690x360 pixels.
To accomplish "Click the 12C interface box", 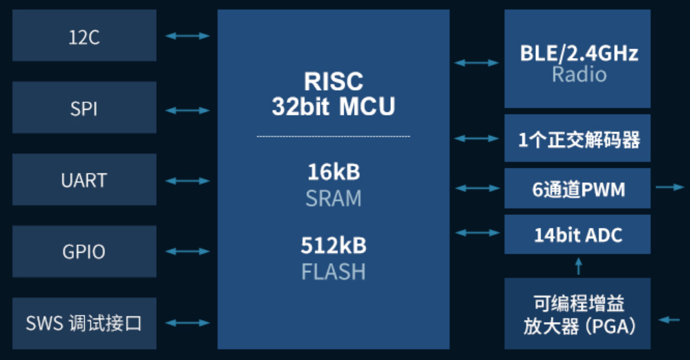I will tap(84, 36).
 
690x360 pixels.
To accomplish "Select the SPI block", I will tap(84, 108).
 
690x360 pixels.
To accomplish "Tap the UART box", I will tap(84, 180).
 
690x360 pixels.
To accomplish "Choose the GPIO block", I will tap(84, 252).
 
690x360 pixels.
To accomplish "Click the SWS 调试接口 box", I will tap(84, 323).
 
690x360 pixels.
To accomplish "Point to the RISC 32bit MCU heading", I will tap(334, 94).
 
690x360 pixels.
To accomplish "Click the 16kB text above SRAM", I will tap(334, 171).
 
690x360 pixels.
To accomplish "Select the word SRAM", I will tap(334, 198).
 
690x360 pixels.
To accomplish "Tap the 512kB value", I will tap(334, 245).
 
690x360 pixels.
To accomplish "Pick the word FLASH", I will tap(334, 272).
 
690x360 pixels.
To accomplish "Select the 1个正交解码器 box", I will tap(577, 139).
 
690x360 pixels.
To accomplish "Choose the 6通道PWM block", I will tap(577, 188).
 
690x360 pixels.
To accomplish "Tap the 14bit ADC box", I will tap(577, 234).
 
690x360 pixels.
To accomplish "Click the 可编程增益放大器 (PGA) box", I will tap(577, 314).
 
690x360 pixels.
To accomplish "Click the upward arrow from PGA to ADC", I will tap(579, 266).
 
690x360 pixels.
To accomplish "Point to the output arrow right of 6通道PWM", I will tap(670, 187).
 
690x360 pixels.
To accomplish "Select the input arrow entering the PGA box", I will tap(669, 319).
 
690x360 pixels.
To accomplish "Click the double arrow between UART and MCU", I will tap(187, 181).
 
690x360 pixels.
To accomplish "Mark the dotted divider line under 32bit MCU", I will tap(334, 136).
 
